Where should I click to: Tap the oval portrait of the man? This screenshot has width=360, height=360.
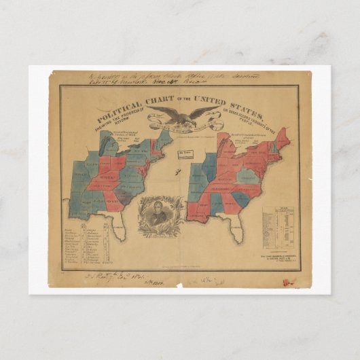tap(158, 218)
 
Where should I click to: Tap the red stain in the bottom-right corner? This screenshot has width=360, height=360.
tap(287, 281)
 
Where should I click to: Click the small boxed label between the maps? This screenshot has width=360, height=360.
tap(183, 155)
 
